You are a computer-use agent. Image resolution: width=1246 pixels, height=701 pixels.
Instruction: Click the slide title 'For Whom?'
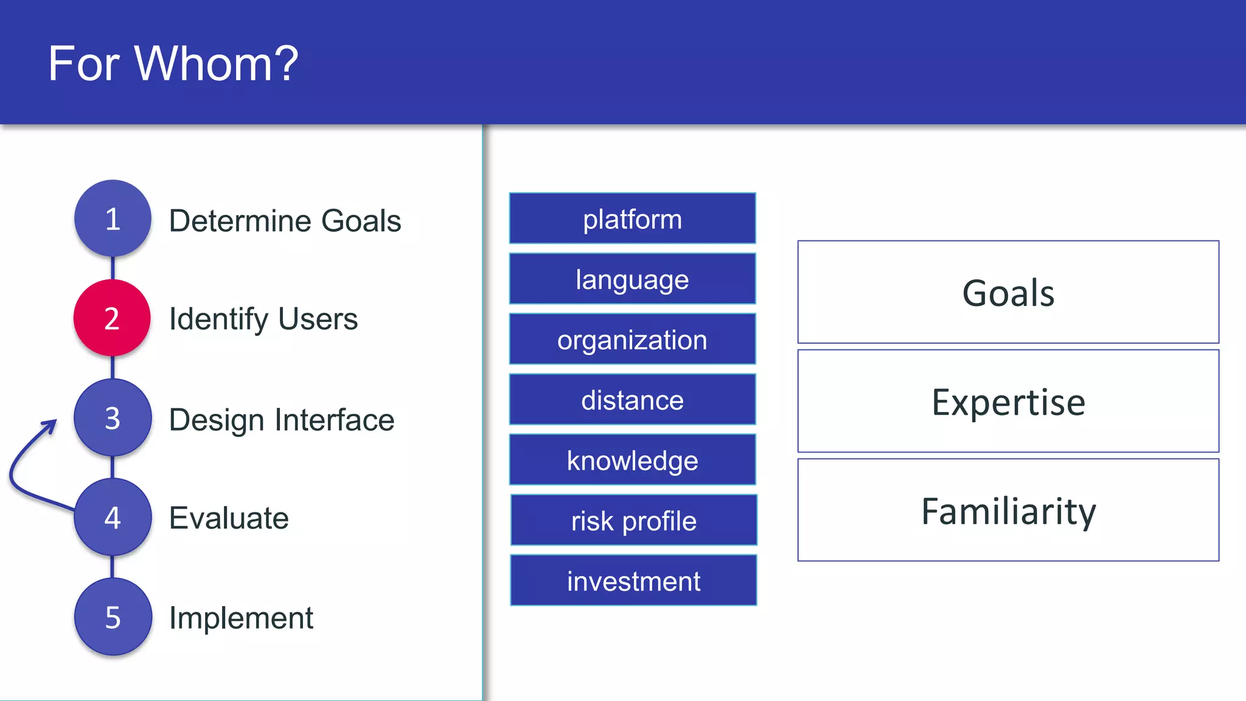point(173,63)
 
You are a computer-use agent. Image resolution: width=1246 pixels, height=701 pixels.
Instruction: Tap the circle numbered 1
point(113,218)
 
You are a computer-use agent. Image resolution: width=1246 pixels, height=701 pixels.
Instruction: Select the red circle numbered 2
point(112,318)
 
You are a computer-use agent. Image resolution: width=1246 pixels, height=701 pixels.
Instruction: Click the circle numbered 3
point(113,418)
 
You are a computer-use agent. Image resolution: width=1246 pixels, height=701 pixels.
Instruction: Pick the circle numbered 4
point(113,518)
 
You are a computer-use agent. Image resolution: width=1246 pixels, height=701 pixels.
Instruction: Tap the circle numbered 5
point(113,617)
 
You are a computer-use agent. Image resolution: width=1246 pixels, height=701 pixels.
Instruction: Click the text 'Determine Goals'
point(285,220)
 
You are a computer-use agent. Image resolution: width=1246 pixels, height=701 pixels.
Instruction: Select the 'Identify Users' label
point(263,319)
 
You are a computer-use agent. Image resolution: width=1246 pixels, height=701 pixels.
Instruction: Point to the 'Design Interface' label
point(282,419)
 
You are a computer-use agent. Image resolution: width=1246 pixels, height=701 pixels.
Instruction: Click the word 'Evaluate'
point(229,518)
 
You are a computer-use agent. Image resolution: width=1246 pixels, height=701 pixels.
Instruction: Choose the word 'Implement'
point(241,618)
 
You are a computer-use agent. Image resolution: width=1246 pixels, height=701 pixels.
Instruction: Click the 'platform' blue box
point(632,218)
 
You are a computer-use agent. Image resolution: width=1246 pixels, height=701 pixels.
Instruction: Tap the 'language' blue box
point(632,279)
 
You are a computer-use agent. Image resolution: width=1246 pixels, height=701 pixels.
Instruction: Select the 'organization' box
point(632,339)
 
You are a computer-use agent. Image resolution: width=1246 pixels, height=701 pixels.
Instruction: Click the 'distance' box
point(632,399)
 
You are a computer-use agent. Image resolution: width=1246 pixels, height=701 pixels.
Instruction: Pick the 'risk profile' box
point(633,520)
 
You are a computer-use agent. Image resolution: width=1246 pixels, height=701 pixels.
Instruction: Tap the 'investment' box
point(633,581)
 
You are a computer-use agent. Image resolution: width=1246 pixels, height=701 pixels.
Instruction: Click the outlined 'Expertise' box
point(1008,401)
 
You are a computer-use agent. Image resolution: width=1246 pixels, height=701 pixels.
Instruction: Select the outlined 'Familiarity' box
point(1008,510)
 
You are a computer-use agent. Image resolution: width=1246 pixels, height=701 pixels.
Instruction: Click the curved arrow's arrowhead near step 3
point(51,425)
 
